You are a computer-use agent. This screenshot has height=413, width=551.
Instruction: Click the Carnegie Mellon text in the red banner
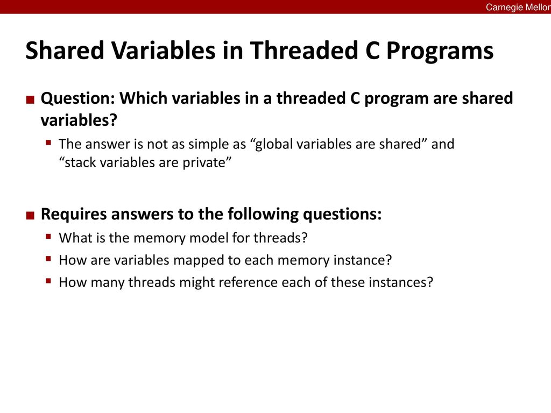coord(518,7)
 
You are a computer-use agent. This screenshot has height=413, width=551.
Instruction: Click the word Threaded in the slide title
coord(305,50)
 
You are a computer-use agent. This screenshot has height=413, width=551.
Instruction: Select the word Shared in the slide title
coord(65,50)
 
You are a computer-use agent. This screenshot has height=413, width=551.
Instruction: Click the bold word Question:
coord(78,98)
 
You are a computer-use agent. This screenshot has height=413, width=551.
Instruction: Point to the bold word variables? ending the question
coord(79,120)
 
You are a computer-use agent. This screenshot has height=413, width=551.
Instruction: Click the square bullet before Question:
coord(30,99)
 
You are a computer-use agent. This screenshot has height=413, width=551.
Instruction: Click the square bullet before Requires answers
coord(30,215)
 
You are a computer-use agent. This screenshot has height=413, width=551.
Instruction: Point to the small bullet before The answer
coord(48,142)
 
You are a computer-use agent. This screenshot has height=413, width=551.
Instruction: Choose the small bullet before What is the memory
coord(48,236)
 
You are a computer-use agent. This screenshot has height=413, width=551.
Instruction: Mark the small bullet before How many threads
coord(48,281)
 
